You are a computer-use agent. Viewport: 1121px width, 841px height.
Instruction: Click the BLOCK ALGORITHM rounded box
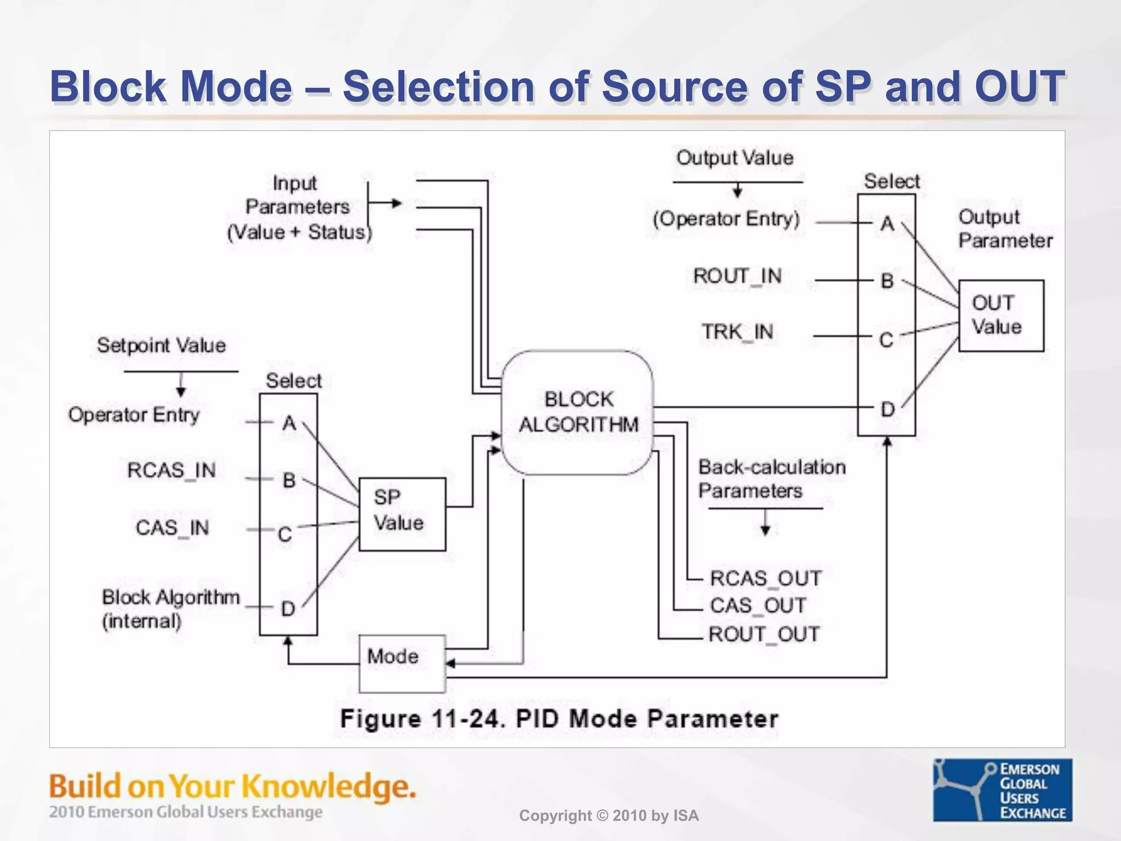coord(577,412)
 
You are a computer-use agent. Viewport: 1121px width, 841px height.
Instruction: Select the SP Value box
coord(402,514)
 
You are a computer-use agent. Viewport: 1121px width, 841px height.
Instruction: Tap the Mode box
coord(402,663)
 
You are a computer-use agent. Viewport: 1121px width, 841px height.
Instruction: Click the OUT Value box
coord(1001,315)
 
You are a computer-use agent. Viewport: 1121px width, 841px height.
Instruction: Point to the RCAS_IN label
coord(171,470)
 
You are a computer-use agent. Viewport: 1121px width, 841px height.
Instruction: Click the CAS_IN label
coord(172,528)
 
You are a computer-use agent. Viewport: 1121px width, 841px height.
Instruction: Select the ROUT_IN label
coord(737,276)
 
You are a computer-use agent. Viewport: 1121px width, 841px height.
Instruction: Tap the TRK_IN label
coord(737,332)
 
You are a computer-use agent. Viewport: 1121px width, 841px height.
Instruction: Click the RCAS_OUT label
coord(765,578)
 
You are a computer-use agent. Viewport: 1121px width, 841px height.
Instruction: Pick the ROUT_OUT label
coord(764,635)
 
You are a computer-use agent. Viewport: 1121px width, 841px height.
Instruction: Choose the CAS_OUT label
coord(758,606)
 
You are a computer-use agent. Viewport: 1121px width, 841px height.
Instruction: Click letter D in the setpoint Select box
coord(288,608)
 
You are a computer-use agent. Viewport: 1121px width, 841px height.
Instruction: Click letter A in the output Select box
coord(887,223)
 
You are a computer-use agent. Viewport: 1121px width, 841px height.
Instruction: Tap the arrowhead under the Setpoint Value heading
coord(181,391)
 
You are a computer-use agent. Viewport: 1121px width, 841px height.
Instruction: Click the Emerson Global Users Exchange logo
coord(1002,790)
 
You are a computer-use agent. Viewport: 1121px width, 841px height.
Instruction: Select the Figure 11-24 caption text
coord(559,718)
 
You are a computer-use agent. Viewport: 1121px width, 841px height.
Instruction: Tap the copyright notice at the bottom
coord(609,816)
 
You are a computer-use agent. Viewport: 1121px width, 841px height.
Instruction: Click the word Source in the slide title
coord(674,87)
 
